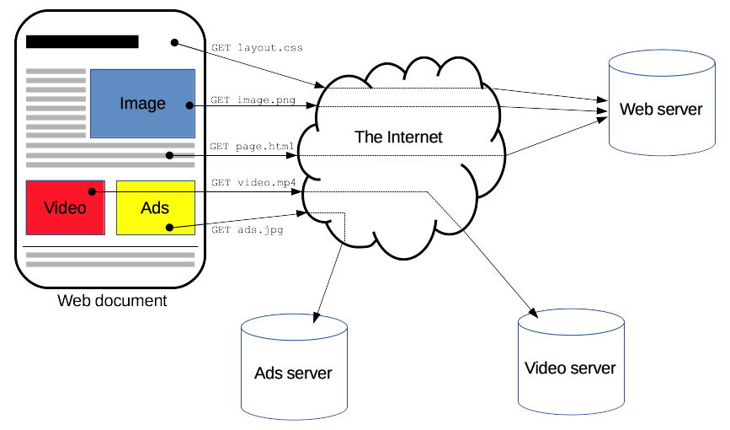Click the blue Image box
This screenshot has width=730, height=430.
click(142, 103)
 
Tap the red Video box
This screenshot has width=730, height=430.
click(65, 207)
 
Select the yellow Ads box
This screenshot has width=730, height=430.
click(155, 207)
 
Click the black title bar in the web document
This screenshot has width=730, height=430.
click(83, 41)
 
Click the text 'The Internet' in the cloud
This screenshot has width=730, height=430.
click(398, 137)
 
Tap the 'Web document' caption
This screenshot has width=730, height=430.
click(112, 301)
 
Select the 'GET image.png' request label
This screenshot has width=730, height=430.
click(253, 100)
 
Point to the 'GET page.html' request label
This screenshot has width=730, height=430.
click(252, 147)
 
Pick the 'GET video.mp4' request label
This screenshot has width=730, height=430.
click(253, 182)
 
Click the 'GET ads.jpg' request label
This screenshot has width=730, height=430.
click(248, 229)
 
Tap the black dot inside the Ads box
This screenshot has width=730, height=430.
click(169, 227)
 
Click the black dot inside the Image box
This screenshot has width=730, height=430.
click(190, 105)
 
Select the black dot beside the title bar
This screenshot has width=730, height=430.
click(174, 41)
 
